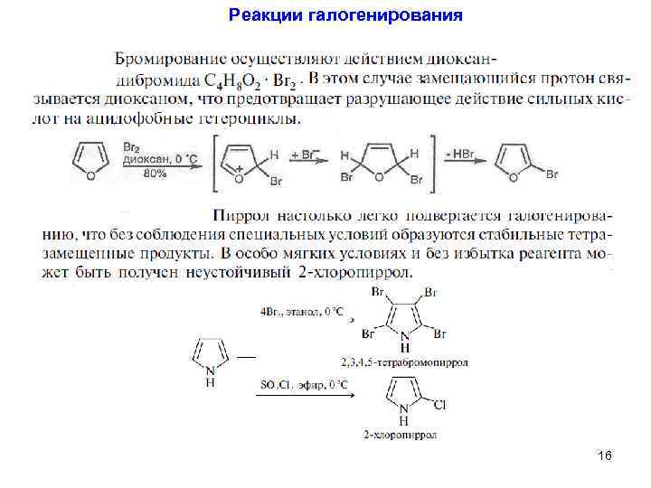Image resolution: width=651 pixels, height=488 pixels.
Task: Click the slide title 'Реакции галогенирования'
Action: click(345, 15)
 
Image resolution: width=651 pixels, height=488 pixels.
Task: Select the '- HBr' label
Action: click(459, 155)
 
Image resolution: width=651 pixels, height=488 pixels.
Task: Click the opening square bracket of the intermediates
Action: click(216, 163)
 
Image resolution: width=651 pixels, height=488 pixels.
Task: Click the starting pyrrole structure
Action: click(211, 356)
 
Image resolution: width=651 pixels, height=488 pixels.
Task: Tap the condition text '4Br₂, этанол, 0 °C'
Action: click(302, 312)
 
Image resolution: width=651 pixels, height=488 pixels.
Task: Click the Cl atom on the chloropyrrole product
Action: click(440, 405)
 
